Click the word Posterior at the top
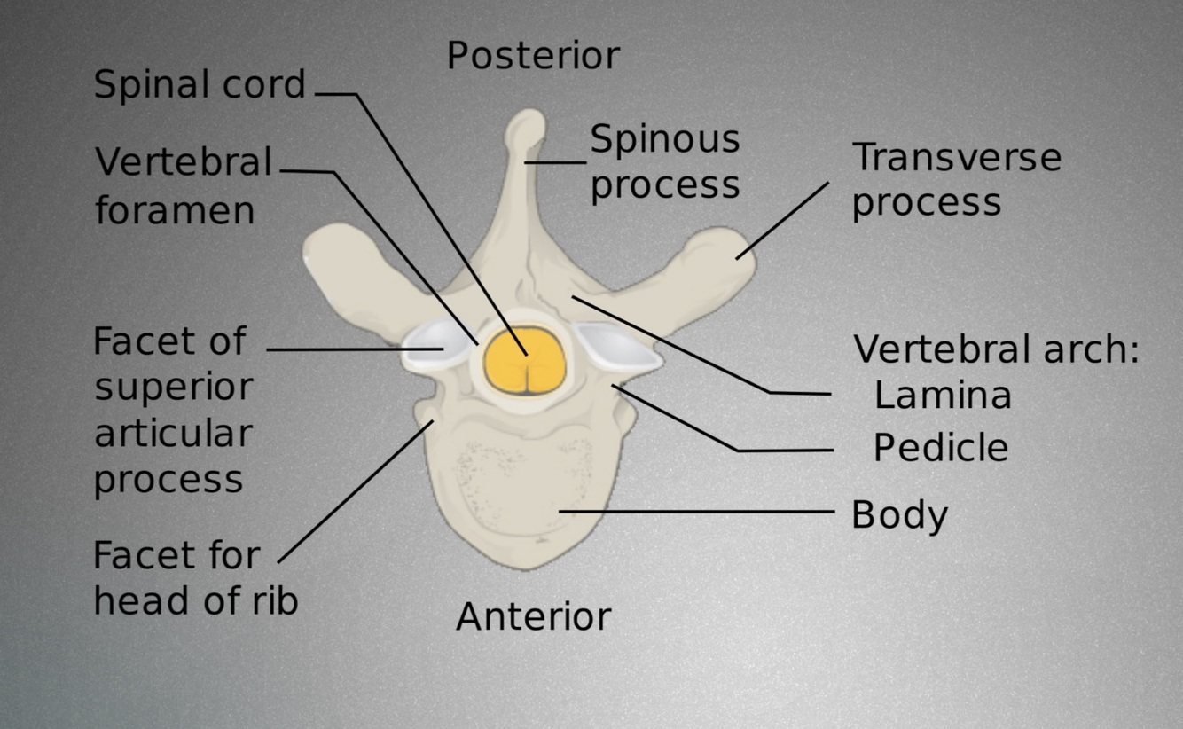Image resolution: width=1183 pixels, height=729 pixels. (x=533, y=56)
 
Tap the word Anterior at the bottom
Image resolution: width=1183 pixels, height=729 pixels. (x=533, y=616)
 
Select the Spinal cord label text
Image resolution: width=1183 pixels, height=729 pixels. (x=200, y=85)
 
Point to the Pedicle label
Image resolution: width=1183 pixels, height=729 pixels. (x=940, y=448)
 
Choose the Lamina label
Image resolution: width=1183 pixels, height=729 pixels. (x=942, y=396)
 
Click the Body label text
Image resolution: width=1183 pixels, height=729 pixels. (x=899, y=515)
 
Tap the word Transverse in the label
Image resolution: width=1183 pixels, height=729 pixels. (x=956, y=158)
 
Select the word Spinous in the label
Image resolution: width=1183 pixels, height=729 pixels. (x=664, y=139)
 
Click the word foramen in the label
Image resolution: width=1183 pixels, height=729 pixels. (x=175, y=211)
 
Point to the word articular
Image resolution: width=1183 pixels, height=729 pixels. (x=173, y=434)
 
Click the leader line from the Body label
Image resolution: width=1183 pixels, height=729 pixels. (x=701, y=512)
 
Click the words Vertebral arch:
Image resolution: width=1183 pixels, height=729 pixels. (x=995, y=349)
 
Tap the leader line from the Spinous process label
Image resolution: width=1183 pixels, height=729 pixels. (x=556, y=162)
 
